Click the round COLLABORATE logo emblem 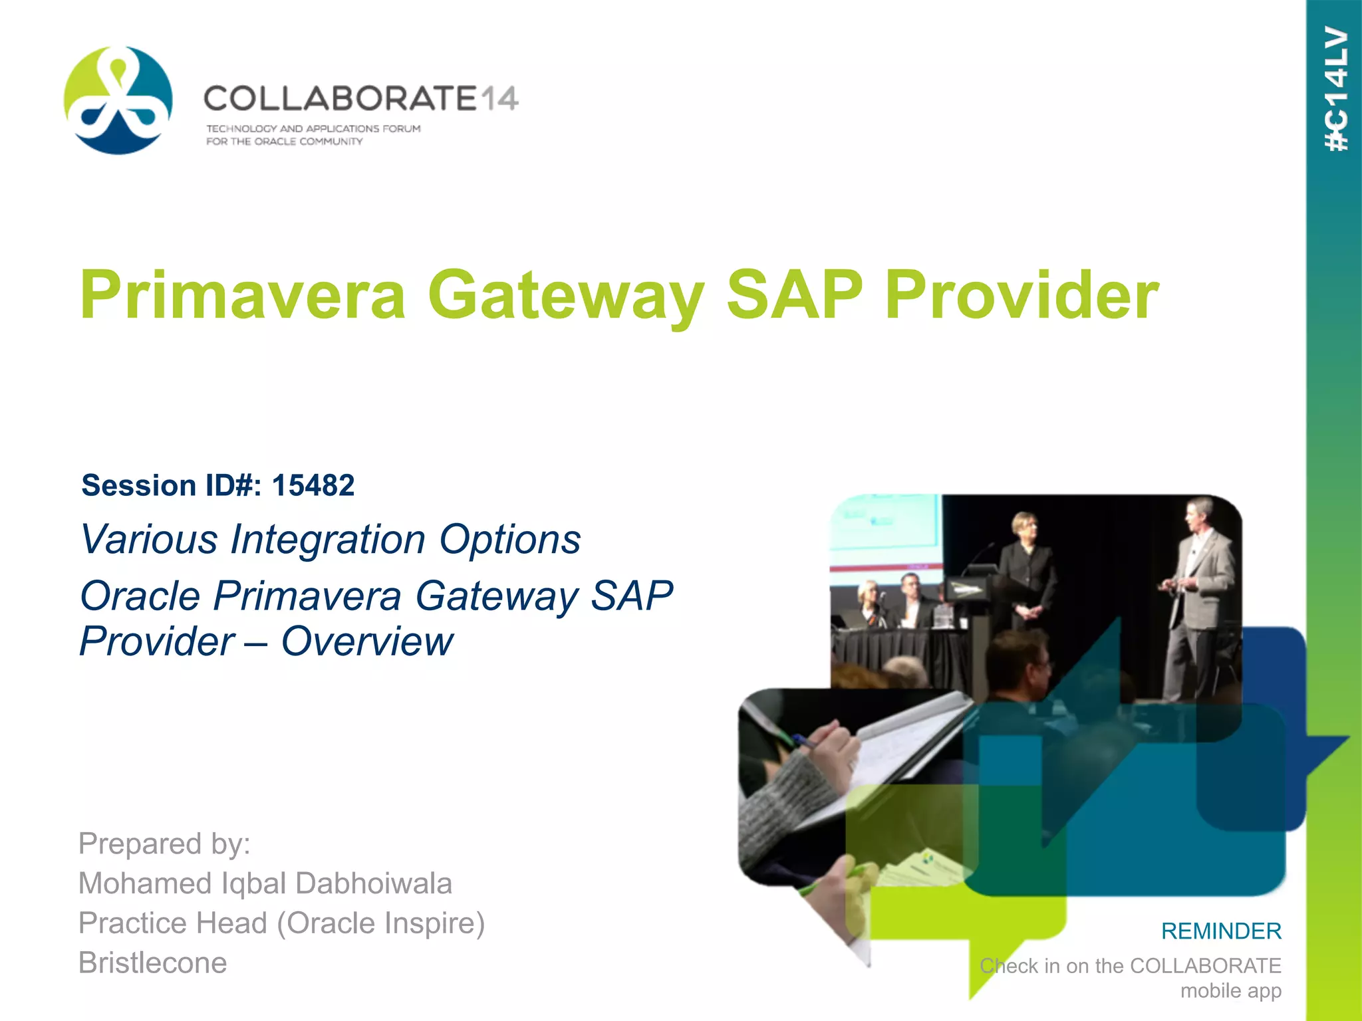pyautogui.click(x=118, y=100)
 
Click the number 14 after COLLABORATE pyautogui.click(x=499, y=100)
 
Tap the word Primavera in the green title pyautogui.click(x=243, y=294)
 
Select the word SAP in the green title pyautogui.click(x=793, y=294)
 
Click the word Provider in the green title pyautogui.click(x=1021, y=294)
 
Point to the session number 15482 pyautogui.click(x=313, y=485)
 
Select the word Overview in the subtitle pyautogui.click(x=367, y=641)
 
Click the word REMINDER pyautogui.click(x=1221, y=931)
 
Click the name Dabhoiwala pyautogui.click(x=374, y=883)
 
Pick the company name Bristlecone pyautogui.click(x=153, y=963)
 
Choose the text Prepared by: pyautogui.click(x=164, y=844)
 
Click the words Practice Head pyautogui.click(x=173, y=923)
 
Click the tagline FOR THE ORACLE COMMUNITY pyautogui.click(x=284, y=142)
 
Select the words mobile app pyautogui.click(x=1230, y=990)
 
